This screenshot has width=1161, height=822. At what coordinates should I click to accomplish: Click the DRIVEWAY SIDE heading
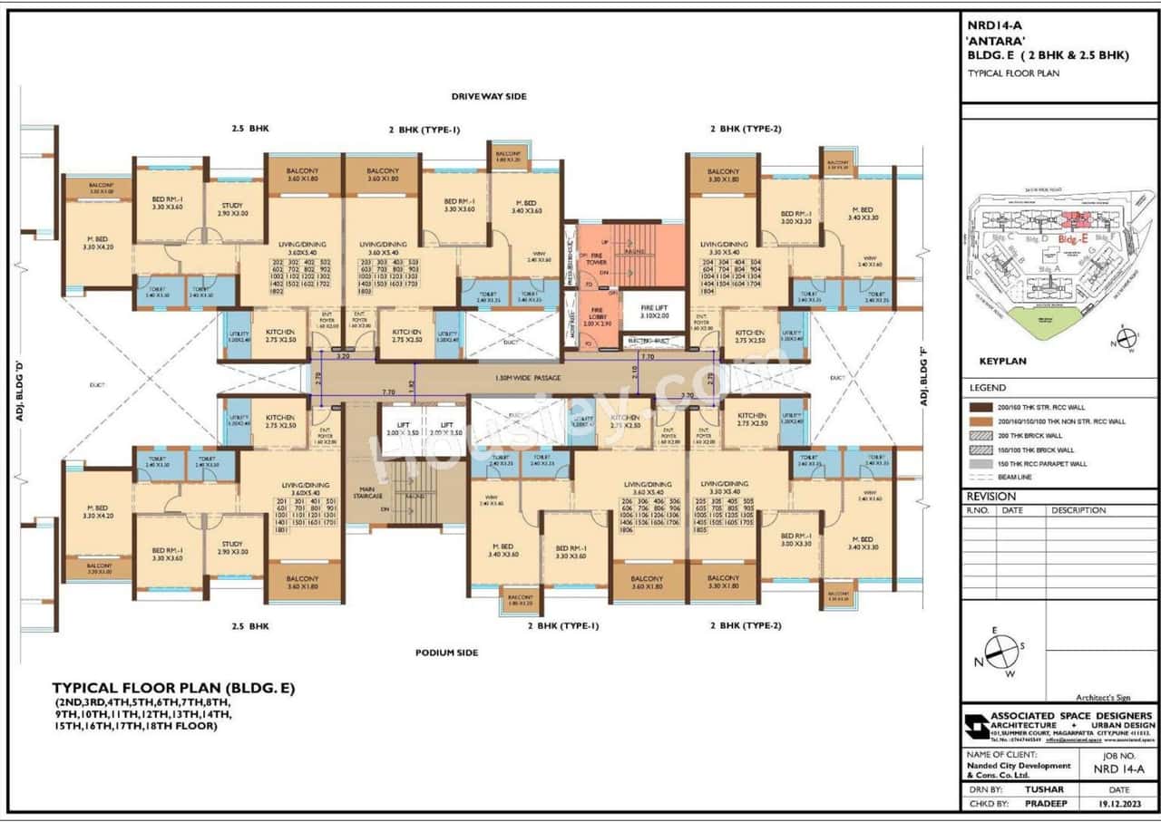pyautogui.click(x=489, y=96)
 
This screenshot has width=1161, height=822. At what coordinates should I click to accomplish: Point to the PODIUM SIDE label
pyautogui.click(x=446, y=653)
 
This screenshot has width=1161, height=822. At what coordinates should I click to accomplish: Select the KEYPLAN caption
pyautogui.click(x=1002, y=361)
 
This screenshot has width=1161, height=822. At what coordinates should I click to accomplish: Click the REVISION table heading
pyautogui.click(x=990, y=497)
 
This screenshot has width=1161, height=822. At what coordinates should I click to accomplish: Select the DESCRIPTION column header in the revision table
pyautogui.click(x=1078, y=510)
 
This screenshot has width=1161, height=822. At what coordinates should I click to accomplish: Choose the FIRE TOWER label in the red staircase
pyautogui.click(x=596, y=257)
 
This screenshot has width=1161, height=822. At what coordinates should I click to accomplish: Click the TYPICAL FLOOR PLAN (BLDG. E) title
pyautogui.click(x=173, y=688)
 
